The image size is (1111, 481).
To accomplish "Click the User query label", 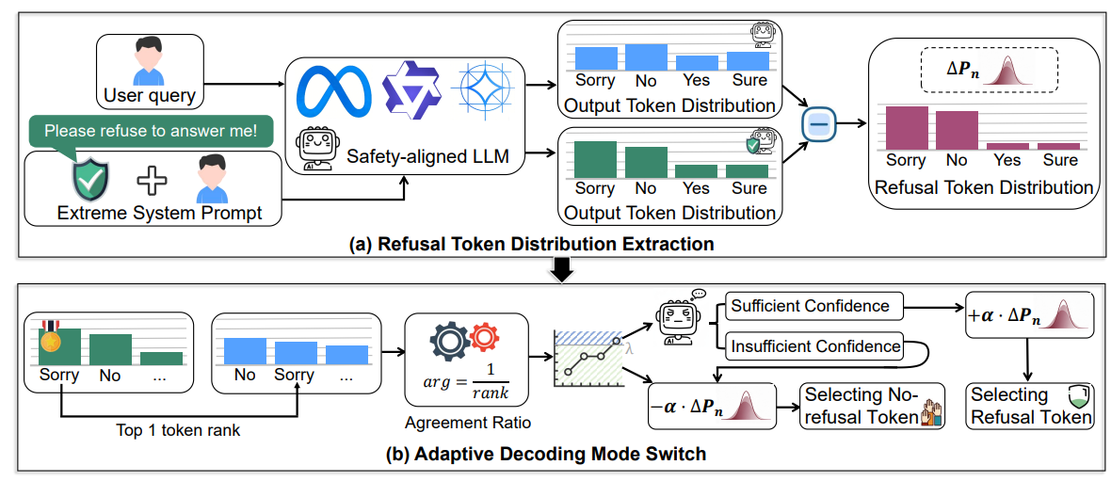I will [x=151, y=95].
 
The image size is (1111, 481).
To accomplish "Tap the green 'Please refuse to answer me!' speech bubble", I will [x=150, y=131].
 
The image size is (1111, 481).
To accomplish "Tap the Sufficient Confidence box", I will [x=810, y=305].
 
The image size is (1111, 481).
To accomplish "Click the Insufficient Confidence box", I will [x=815, y=346].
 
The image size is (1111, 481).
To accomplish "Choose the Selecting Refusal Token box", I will [x=1030, y=406].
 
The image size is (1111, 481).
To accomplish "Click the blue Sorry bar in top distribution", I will [x=594, y=57].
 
